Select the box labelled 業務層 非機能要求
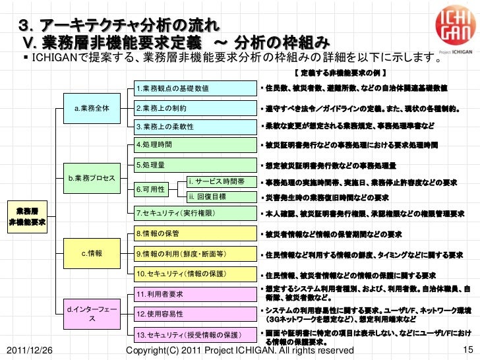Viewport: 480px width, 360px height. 27,216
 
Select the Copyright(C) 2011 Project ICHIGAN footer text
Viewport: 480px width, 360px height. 239,350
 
